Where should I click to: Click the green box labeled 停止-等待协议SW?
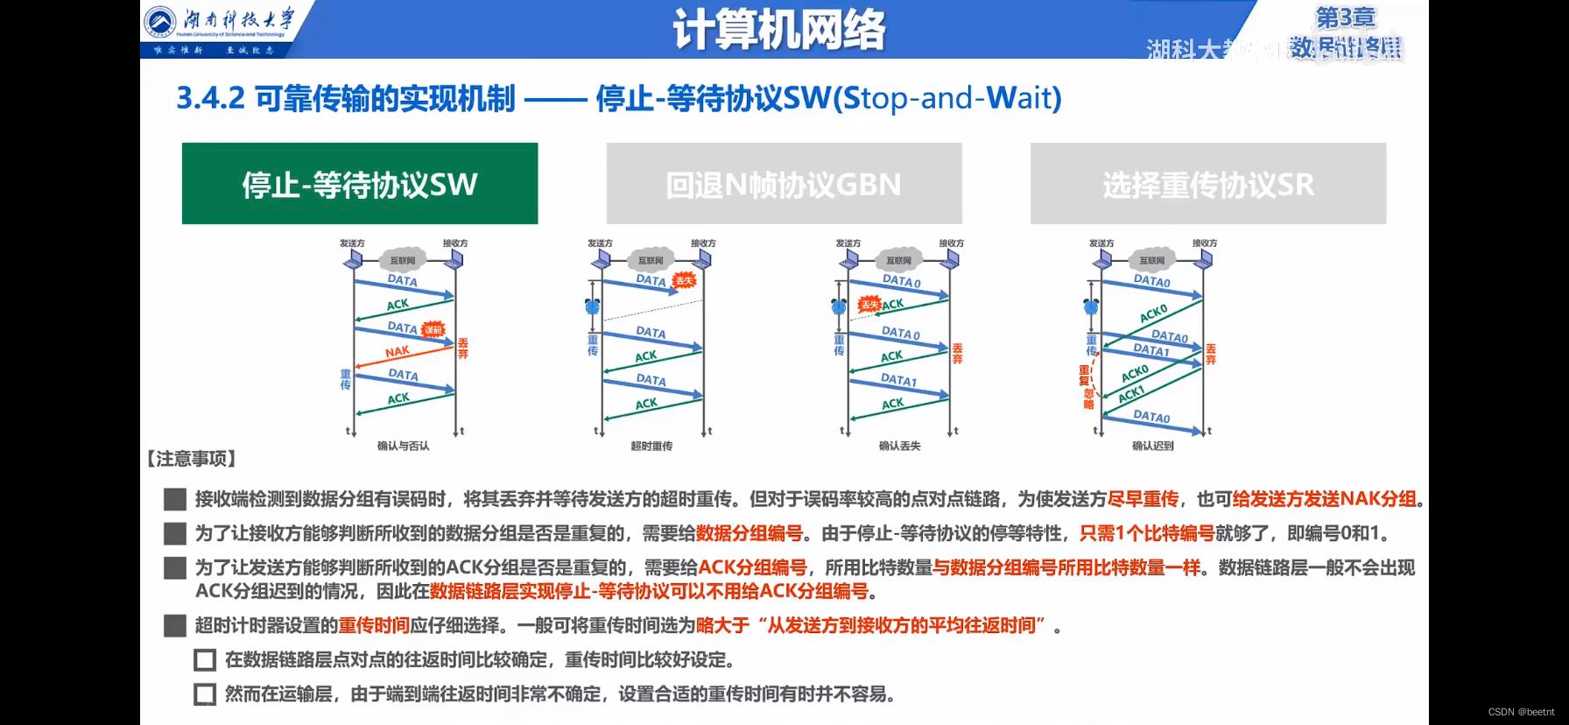[359, 184]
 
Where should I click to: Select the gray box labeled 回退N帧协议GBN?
[784, 184]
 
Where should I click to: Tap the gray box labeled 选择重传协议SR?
[1207, 184]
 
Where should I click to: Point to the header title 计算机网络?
[778, 30]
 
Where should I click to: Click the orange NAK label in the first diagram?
[397, 352]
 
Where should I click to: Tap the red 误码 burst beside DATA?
[433, 330]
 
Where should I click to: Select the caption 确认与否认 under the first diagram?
[403, 446]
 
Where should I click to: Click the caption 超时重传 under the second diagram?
[651, 446]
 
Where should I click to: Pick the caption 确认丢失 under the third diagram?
[899, 446]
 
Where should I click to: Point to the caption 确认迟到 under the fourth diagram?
[1152, 446]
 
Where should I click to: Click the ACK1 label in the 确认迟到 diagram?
[1131, 393]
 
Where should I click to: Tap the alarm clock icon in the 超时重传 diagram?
[593, 306]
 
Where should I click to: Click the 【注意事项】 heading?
[191, 459]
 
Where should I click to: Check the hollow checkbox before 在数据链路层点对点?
[205, 660]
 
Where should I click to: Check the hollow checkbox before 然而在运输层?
[205, 694]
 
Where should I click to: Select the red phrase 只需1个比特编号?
[1147, 533]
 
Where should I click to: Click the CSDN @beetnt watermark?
[1521, 712]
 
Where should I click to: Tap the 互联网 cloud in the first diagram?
[403, 260]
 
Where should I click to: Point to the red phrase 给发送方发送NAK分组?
[1324, 499]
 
